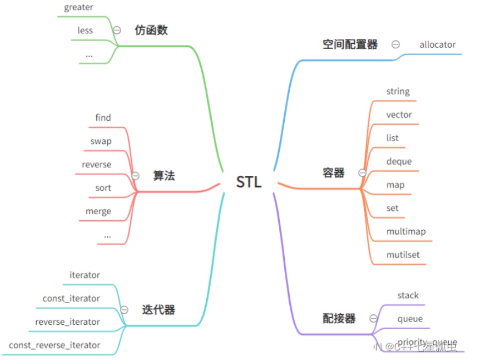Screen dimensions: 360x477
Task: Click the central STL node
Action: click(x=248, y=182)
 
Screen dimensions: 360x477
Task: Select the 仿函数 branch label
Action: click(x=151, y=30)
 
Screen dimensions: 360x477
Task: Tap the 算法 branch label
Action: click(x=164, y=176)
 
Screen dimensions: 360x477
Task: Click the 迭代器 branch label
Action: click(x=159, y=310)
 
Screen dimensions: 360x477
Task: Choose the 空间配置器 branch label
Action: click(x=350, y=44)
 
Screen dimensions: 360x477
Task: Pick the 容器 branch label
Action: click(x=333, y=173)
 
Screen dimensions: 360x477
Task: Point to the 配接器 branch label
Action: click(x=339, y=318)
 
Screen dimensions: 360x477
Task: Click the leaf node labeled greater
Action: click(x=79, y=7)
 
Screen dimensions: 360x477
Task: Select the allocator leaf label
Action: click(x=437, y=44)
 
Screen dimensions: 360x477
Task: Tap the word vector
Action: click(x=399, y=114)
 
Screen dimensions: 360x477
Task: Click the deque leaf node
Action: click(x=399, y=161)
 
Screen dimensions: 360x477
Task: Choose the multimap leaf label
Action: click(x=406, y=231)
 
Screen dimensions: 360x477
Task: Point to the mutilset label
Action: click(x=403, y=255)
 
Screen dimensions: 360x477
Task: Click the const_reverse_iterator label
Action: click(x=55, y=345)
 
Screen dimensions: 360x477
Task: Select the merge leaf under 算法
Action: click(x=98, y=211)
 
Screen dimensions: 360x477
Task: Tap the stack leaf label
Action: click(x=408, y=295)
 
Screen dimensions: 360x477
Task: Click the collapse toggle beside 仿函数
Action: click(x=117, y=30)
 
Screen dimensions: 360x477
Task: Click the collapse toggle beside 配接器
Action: click(x=373, y=318)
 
